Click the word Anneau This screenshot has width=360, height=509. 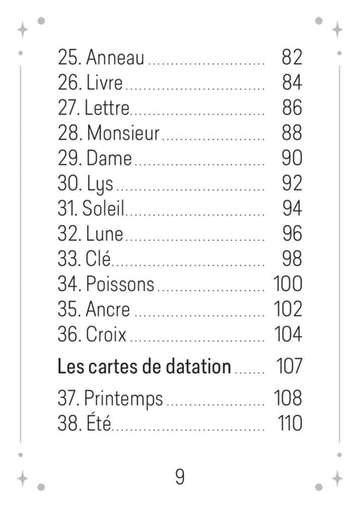point(115,57)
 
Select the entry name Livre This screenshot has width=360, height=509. point(105,82)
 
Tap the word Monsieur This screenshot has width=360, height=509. point(123,133)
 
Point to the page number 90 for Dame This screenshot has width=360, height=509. point(292,158)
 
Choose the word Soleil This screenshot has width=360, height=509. point(103,208)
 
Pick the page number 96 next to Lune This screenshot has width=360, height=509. point(292,234)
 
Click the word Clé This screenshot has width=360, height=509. point(98,259)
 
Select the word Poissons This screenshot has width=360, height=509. point(120,284)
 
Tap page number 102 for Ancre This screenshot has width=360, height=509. point(288,309)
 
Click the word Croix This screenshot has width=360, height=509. point(106,335)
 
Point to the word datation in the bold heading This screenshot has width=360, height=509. point(198,367)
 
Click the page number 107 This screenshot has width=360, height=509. point(290,367)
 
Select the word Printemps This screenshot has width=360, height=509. point(123,399)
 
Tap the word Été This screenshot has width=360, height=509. point(98,423)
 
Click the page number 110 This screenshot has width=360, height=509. point(290,423)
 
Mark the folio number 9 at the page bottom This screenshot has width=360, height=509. point(180,477)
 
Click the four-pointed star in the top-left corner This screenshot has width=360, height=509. point(22,30)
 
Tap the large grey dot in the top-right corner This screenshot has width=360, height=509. point(318,21)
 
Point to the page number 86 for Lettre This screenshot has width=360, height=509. point(292,107)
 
